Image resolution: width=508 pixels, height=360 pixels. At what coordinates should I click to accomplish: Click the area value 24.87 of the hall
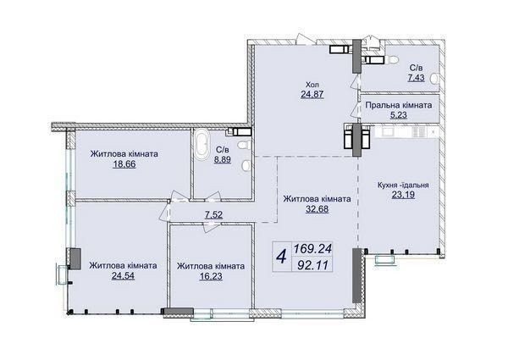point(312,94)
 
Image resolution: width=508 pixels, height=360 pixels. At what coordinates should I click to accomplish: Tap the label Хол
point(312,85)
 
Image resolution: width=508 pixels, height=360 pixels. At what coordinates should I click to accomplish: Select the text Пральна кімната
point(399,105)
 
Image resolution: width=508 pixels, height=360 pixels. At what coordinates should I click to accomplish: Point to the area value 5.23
point(399,114)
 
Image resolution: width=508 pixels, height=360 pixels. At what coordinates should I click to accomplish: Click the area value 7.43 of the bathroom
point(417,78)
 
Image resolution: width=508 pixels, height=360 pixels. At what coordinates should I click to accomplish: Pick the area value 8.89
point(222,159)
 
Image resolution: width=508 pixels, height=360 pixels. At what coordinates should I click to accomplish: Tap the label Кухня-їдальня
point(403,185)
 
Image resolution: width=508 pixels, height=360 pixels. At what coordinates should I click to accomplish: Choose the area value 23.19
point(403,195)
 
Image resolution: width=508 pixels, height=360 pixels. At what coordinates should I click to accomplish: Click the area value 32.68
point(317,209)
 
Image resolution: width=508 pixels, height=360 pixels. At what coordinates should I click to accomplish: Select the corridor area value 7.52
point(214,215)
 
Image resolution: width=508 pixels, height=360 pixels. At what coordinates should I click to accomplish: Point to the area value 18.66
point(124,164)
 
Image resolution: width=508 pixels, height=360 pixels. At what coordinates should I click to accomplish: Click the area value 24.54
point(123,275)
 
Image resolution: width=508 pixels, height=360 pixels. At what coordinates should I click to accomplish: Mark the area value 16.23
point(211,276)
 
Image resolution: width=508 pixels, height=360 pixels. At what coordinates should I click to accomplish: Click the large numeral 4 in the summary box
point(282,258)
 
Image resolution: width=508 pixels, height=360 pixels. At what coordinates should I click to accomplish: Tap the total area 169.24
point(312,249)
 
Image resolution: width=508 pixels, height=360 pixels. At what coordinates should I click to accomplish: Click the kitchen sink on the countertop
point(388,131)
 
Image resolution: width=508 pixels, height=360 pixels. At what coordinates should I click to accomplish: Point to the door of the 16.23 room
point(211,226)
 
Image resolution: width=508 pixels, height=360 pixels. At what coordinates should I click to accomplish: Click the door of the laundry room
point(356,108)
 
